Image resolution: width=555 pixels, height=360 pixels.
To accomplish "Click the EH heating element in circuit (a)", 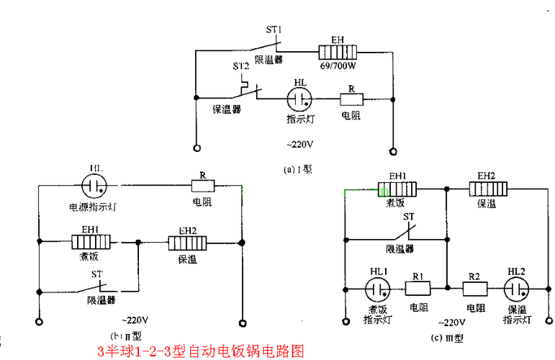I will pyautogui.click(x=338, y=53).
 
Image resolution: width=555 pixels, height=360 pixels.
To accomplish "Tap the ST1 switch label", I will pyautogui.click(x=274, y=31).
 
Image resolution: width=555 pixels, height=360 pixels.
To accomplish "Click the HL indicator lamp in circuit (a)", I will pyautogui.click(x=299, y=99).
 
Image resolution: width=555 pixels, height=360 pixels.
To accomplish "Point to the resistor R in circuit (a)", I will pyautogui.click(x=351, y=99).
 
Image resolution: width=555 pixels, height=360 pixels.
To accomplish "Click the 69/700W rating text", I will pyautogui.click(x=337, y=66).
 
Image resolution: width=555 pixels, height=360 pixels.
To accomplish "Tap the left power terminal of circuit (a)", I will pyautogui.click(x=195, y=150).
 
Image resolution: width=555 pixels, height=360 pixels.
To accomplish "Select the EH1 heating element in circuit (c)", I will pyautogui.click(x=398, y=189).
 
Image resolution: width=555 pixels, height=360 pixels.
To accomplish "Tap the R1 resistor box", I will pyautogui.click(x=418, y=288).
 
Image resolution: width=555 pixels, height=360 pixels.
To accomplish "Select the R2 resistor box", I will pyautogui.click(x=474, y=288).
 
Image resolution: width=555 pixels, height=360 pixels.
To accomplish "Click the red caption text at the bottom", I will pyautogui.click(x=201, y=351).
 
